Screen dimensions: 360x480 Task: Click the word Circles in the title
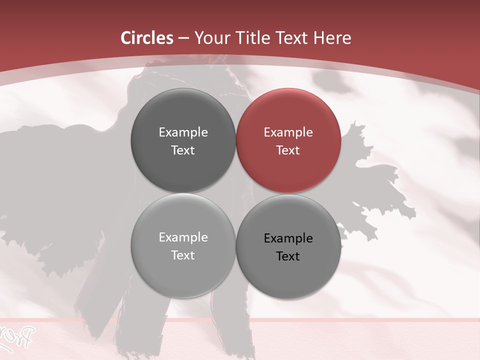pos(147,38)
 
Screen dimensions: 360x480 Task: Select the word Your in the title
pos(210,38)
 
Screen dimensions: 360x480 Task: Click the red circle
pos(288,140)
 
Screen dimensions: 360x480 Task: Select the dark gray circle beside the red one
pos(183,140)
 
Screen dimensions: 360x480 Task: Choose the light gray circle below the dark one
pos(183,246)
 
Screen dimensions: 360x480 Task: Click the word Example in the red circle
pos(288,132)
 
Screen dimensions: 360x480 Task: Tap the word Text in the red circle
pos(288,150)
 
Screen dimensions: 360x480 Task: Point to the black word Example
pos(288,238)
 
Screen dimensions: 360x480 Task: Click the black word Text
pos(288,256)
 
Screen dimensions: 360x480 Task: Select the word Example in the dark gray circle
pos(183,132)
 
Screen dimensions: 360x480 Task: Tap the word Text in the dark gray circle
pos(183,150)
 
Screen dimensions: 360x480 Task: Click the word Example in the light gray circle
pos(183,237)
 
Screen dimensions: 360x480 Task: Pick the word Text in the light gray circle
pos(183,255)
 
